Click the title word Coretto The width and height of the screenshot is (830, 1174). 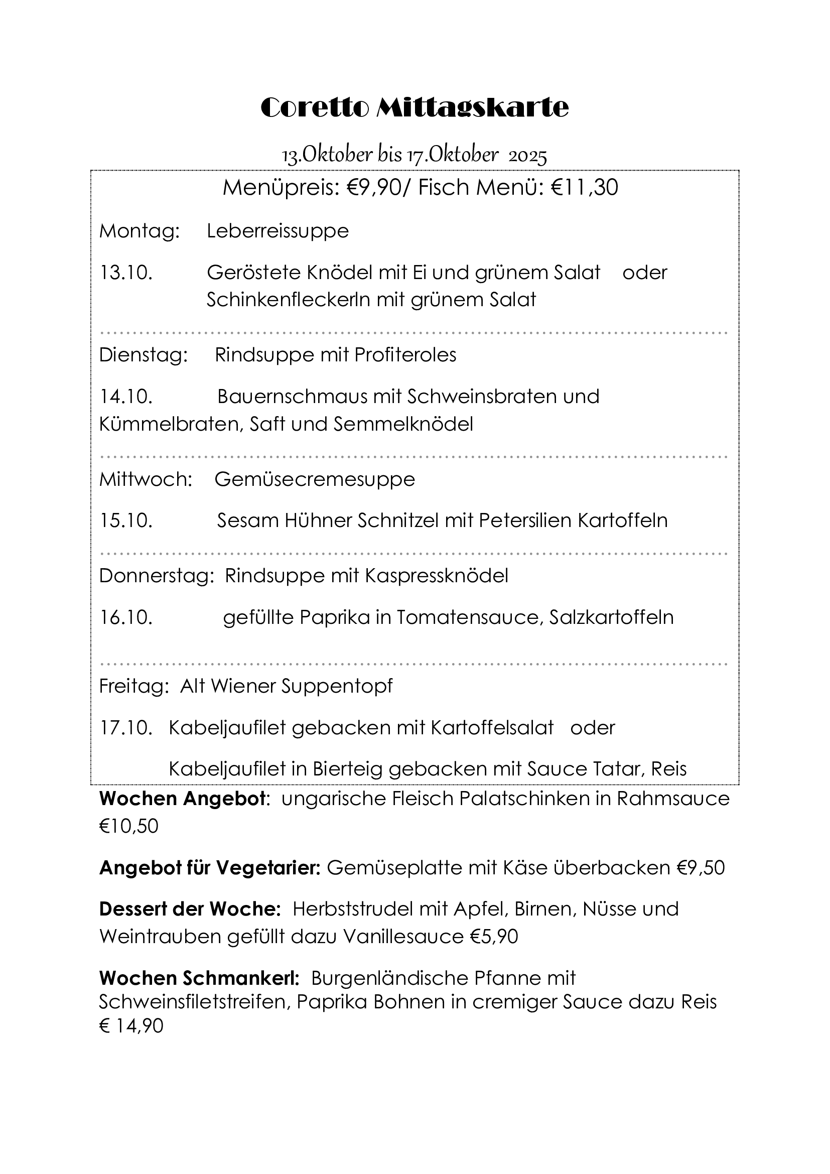[x=314, y=108]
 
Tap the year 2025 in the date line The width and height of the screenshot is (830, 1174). [x=527, y=156]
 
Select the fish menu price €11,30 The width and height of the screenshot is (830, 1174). [x=584, y=188]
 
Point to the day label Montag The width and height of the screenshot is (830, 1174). [x=139, y=231]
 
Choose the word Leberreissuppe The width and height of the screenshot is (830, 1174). [x=278, y=231]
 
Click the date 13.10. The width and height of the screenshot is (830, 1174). [x=126, y=273]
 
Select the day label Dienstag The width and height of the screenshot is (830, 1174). [x=143, y=355]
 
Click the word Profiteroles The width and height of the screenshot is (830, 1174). [x=405, y=355]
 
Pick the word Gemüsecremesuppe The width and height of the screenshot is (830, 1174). [x=314, y=480]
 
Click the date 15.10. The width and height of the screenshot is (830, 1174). [x=126, y=520]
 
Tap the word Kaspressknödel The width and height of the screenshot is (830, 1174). [x=437, y=576]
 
